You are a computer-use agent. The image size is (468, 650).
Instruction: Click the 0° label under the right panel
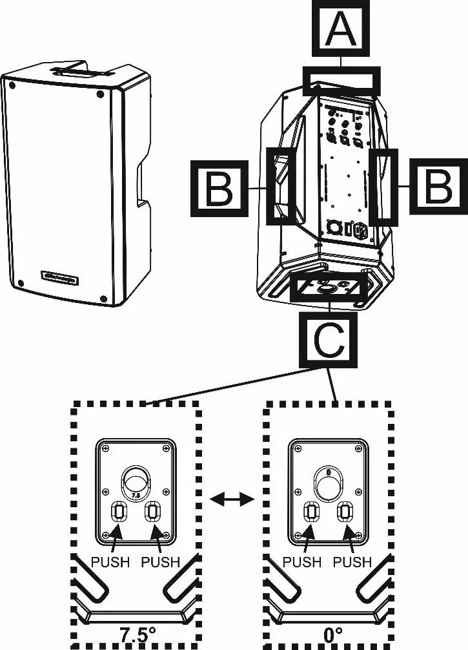(332, 633)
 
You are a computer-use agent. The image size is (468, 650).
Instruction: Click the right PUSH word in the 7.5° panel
(160, 562)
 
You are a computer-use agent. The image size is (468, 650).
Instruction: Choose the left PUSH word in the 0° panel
(302, 562)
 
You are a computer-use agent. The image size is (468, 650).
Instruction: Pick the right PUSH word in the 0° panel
(352, 562)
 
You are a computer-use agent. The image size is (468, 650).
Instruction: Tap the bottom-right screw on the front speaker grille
(104, 298)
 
